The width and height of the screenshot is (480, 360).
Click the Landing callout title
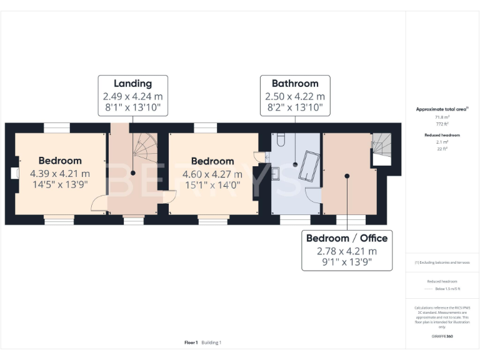click(132, 84)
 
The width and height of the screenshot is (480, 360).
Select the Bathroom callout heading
click(295, 84)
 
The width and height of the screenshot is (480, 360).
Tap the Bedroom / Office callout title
click(347, 238)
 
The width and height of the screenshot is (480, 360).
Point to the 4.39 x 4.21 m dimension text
click(60, 174)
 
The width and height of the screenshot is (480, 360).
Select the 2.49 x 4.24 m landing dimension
click(132, 96)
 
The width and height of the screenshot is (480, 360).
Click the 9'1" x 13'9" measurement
click(347, 262)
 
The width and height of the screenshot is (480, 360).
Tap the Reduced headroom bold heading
click(442, 135)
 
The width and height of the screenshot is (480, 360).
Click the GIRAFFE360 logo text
click(442, 336)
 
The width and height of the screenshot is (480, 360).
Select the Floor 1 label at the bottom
click(191, 342)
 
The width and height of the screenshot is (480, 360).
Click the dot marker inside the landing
click(132, 173)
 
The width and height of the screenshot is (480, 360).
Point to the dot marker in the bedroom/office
click(347, 176)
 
